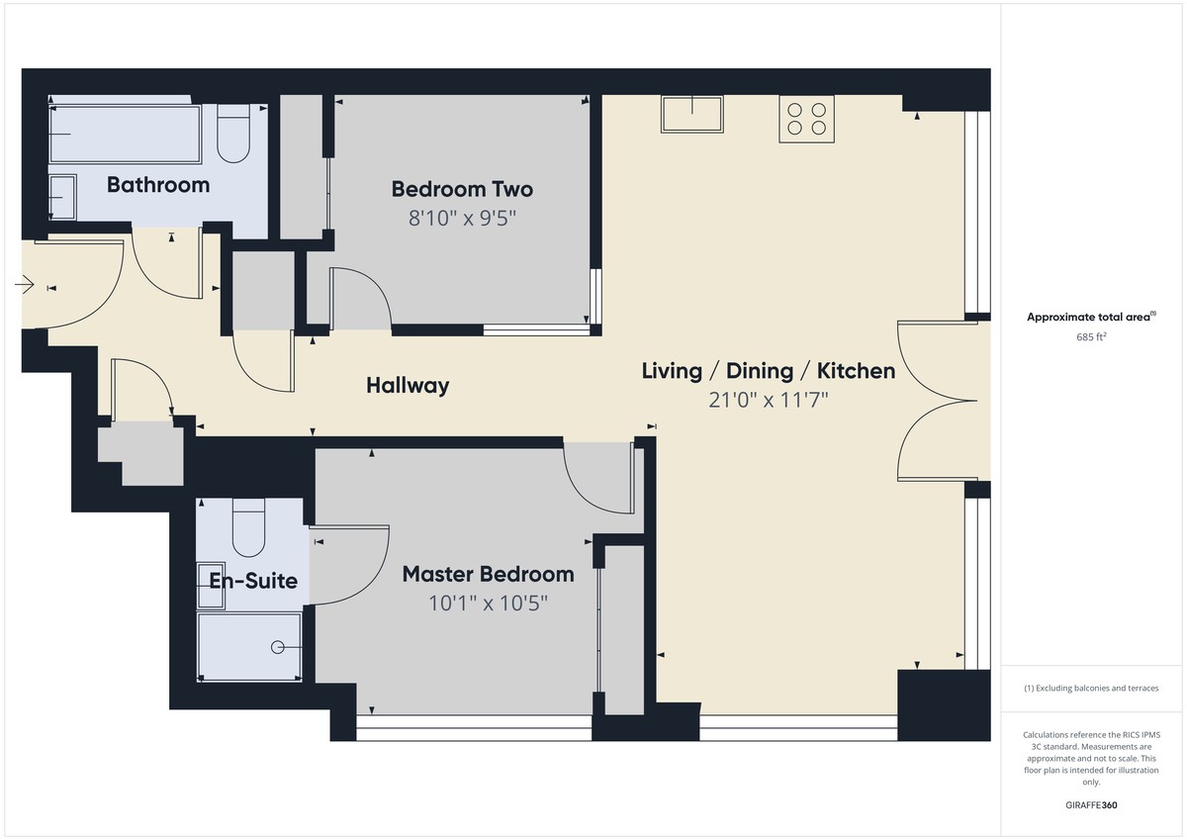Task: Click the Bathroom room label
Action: (x=158, y=185)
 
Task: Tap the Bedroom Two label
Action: (x=462, y=189)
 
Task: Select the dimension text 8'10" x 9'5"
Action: (x=462, y=218)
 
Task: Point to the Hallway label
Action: (x=408, y=385)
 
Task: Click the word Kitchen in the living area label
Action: (x=856, y=370)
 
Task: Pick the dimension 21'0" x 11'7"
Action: (x=769, y=400)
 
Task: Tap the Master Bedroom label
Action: (x=488, y=574)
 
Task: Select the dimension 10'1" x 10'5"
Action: (x=488, y=604)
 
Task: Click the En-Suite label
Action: (x=253, y=581)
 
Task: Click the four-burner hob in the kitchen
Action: (x=806, y=119)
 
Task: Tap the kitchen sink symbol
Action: (x=692, y=114)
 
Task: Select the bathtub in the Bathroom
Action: (x=125, y=135)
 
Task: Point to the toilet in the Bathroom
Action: (x=233, y=134)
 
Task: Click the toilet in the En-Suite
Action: (x=248, y=528)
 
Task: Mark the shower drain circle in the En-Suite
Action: (x=277, y=647)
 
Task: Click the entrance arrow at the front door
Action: (x=25, y=285)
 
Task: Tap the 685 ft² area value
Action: (x=1091, y=336)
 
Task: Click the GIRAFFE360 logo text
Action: (x=1091, y=805)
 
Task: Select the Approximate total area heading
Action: (x=1091, y=317)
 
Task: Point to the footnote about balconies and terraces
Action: (x=1091, y=688)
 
